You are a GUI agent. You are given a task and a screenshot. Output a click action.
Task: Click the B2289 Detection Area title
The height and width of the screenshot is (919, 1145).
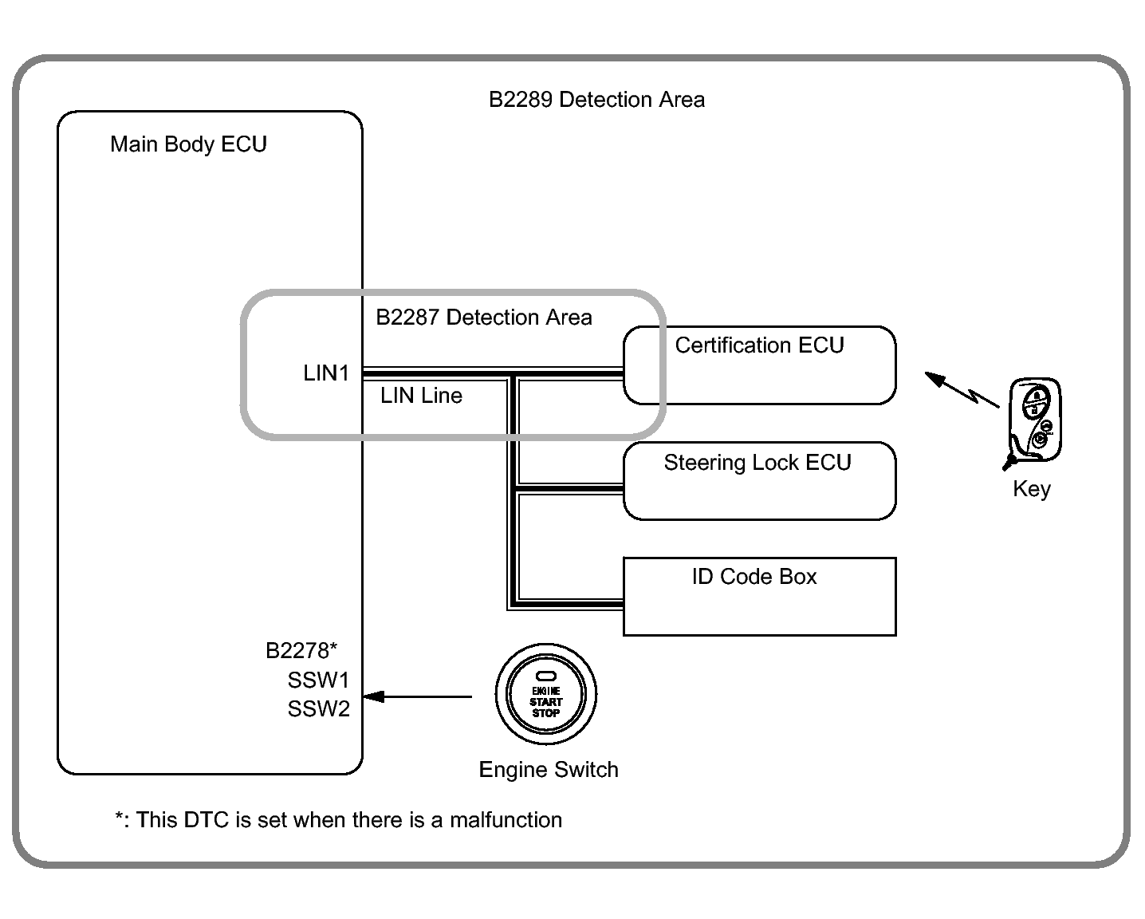pyautogui.click(x=596, y=100)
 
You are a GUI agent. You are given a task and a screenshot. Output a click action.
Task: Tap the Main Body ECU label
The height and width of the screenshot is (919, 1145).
pyautogui.click(x=188, y=144)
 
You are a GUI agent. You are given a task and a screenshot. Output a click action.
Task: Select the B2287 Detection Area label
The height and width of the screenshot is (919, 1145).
pyautogui.click(x=484, y=318)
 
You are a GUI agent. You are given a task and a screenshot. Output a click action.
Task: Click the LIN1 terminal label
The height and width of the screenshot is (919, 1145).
pyautogui.click(x=326, y=373)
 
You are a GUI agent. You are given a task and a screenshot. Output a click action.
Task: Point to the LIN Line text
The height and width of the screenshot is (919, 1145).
pyautogui.click(x=421, y=396)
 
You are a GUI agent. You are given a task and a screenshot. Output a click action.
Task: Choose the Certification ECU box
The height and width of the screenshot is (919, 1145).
pyautogui.click(x=759, y=365)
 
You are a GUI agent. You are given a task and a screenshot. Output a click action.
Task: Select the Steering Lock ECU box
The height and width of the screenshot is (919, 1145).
pyautogui.click(x=759, y=481)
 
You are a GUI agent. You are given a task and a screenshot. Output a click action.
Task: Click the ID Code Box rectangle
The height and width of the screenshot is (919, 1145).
pyautogui.click(x=759, y=597)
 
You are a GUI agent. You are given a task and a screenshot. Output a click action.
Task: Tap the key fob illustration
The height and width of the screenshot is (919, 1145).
pyautogui.click(x=1035, y=420)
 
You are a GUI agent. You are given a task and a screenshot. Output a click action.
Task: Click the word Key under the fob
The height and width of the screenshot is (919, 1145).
pyautogui.click(x=1032, y=489)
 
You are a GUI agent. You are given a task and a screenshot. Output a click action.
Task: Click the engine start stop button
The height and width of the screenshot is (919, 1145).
pyautogui.click(x=546, y=695)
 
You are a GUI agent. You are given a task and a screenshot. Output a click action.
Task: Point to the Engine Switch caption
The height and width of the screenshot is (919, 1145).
pyautogui.click(x=549, y=770)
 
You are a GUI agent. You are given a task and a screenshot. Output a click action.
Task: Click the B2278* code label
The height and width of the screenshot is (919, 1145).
pyautogui.click(x=301, y=651)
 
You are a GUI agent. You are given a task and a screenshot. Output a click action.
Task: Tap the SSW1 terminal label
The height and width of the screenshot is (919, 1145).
pyautogui.click(x=319, y=680)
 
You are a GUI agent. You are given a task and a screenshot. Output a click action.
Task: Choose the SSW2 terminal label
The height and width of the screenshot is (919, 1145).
pyautogui.click(x=319, y=709)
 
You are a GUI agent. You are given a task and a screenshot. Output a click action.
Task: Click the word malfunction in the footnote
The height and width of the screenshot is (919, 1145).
pyautogui.click(x=506, y=820)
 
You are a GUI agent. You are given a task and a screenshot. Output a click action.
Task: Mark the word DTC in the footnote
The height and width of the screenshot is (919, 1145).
pyautogui.click(x=207, y=820)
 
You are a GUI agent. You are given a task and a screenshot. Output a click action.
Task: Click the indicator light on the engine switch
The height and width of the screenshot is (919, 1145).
pyautogui.click(x=546, y=676)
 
